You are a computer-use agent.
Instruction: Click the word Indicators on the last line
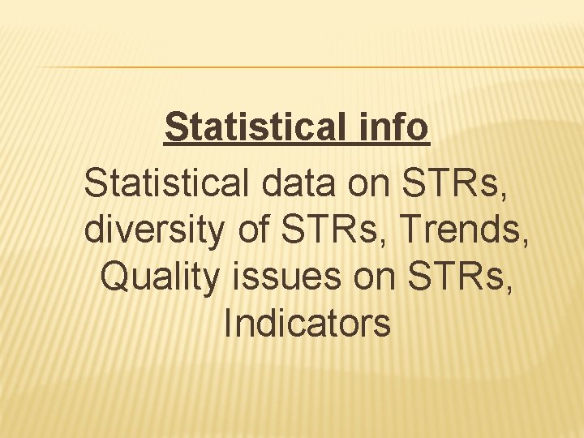(x=307, y=324)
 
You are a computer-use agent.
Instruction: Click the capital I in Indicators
(x=228, y=324)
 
